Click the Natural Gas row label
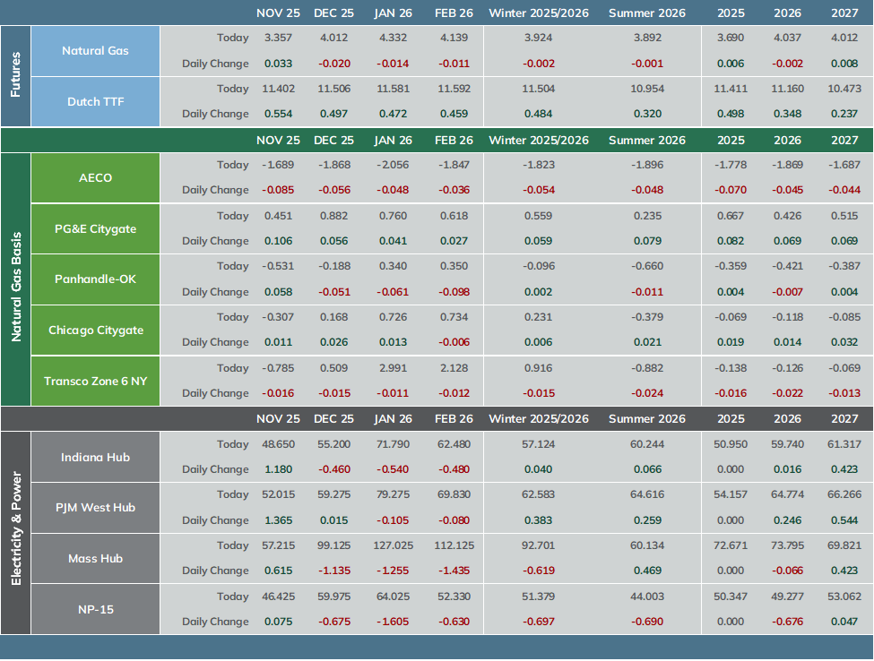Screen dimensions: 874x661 tap(95, 51)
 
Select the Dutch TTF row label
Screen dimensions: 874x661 tap(95, 102)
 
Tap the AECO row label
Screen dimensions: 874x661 tap(95, 177)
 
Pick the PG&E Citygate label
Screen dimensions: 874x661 tap(95, 229)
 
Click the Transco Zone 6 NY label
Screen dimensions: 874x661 tap(95, 381)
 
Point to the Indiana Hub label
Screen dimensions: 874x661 tap(95, 457)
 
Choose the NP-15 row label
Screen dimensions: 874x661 tap(95, 609)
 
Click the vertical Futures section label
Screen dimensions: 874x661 tap(15, 74)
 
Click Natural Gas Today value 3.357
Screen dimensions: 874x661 tap(278, 38)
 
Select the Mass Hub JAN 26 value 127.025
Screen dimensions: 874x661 tap(393, 545)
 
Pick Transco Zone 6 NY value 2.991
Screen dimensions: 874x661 tap(393, 368)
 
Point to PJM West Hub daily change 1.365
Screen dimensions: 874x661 tap(278, 520)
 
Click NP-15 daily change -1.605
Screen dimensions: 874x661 tap(393, 622)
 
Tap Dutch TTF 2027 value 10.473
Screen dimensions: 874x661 tap(844, 89)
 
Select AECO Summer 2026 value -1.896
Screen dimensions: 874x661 tap(647, 165)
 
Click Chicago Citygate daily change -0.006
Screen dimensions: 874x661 tap(454, 342)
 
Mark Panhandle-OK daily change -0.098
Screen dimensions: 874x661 tap(454, 292)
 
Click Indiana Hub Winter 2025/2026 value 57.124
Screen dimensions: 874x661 tap(539, 444)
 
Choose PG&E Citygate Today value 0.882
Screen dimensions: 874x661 tap(333, 216)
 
